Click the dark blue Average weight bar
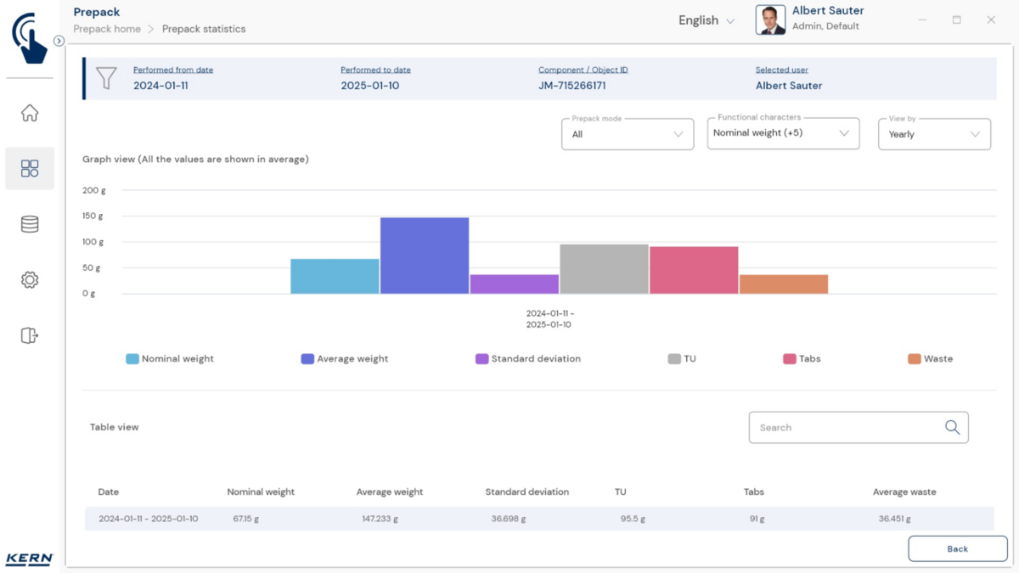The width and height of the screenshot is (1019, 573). point(425,256)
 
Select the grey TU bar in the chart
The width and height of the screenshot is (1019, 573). point(604,269)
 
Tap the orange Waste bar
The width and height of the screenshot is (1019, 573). point(783,284)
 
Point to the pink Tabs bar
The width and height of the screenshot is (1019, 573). point(694,270)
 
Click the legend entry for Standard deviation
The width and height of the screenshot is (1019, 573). point(528,359)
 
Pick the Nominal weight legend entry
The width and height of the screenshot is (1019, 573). point(170,359)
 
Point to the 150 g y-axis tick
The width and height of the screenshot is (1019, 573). point(93,216)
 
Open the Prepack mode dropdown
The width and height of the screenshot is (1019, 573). point(628,134)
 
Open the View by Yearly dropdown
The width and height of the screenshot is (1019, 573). point(934,134)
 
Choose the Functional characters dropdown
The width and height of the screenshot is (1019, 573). point(782,133)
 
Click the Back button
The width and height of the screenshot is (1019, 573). point(957,548)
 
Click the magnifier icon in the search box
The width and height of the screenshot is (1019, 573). point(952,428)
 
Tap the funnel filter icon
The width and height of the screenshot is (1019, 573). point(106,78)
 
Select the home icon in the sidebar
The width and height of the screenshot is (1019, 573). point(30,113)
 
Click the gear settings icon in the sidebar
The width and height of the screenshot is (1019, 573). point(30,280)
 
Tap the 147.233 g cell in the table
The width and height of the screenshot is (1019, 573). point(379,519)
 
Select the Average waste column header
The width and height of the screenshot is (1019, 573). point(904,492)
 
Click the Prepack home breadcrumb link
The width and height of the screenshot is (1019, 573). point(107,29)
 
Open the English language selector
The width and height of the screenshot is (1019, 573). point(706,20)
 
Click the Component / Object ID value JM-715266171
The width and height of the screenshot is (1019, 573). point(571,86)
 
